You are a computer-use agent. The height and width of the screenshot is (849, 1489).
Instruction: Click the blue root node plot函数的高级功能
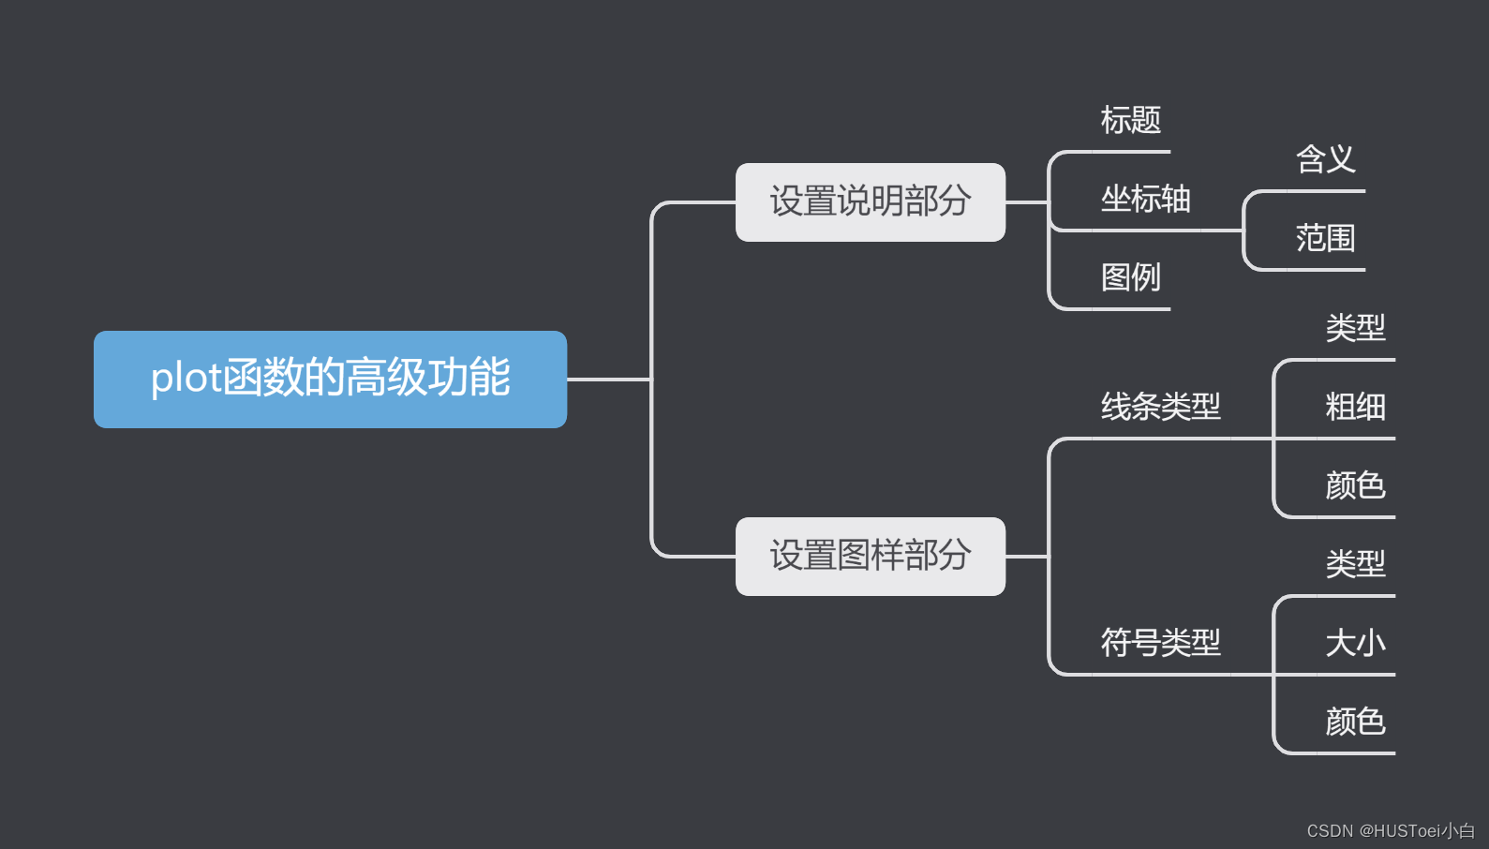[330, 379]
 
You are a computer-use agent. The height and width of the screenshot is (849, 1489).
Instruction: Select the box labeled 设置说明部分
[870, 201]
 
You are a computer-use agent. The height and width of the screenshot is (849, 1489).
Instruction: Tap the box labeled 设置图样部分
[870, 556]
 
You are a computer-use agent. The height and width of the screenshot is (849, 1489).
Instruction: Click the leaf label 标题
[1130, 120]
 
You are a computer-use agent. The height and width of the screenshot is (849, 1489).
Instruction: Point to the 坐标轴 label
[1145, 199]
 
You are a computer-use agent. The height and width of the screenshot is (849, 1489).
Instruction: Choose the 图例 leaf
[1130, 277]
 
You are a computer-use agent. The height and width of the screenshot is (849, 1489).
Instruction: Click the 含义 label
[1325, 159]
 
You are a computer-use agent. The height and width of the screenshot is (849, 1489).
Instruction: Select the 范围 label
[1325, 238]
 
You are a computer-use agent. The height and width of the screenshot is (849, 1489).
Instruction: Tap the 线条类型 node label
[1160, 407]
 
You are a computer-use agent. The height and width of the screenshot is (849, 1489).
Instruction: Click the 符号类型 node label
[1160, 643]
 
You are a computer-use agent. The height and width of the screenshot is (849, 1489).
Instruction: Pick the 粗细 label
[1355, 407]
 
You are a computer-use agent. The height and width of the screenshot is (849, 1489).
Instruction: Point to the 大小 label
[1355, 643]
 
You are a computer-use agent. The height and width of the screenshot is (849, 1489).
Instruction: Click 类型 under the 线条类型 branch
[1355, 328]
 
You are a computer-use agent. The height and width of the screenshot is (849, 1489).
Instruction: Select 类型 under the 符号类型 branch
[1355, 564]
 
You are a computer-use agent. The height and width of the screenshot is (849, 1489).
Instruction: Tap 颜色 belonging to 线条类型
[1355, 485]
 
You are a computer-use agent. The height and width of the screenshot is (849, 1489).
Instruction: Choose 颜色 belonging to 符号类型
[1355, 722]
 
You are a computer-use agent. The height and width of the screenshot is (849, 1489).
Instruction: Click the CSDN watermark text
[1390, 831]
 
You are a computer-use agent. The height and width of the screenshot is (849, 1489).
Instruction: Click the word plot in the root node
[186, 379]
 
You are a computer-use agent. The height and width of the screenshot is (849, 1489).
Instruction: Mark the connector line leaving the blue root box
[607, 380]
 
